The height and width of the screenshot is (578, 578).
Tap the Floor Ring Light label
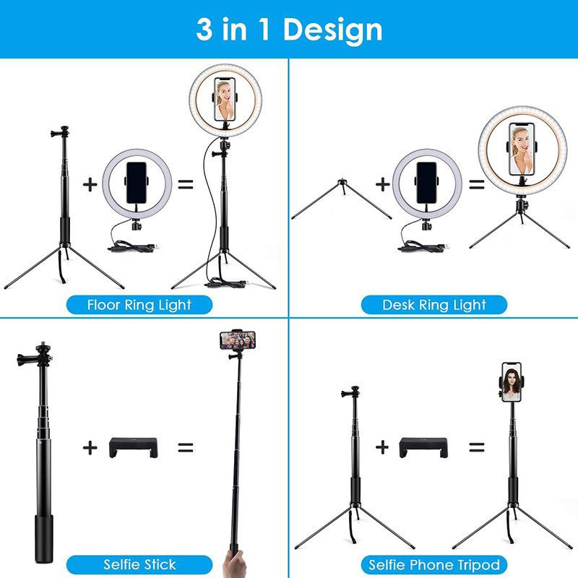139,305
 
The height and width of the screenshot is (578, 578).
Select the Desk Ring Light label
434,305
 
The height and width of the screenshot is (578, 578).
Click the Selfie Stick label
139,565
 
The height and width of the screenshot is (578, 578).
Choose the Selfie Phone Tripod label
434,565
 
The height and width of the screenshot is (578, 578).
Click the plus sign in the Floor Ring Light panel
90,184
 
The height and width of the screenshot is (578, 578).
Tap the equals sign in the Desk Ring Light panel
476,184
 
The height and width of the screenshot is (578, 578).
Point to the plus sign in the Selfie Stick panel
90,447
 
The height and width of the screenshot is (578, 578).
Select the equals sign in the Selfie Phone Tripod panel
476,447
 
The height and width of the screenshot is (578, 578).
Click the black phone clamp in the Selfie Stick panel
134,447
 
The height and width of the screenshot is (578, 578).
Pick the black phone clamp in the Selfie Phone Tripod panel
423,447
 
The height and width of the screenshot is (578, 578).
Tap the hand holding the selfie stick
234,564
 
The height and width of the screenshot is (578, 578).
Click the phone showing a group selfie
238,340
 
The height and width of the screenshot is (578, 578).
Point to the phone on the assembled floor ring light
225,99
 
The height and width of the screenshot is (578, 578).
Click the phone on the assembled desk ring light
522,149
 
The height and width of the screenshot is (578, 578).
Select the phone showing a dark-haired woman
512,382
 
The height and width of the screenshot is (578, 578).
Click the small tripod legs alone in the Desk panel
341,199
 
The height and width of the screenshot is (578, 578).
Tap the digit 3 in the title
204,29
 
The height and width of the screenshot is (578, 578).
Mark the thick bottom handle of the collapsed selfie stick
43,539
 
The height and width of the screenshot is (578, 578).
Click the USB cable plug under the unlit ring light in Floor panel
155,246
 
